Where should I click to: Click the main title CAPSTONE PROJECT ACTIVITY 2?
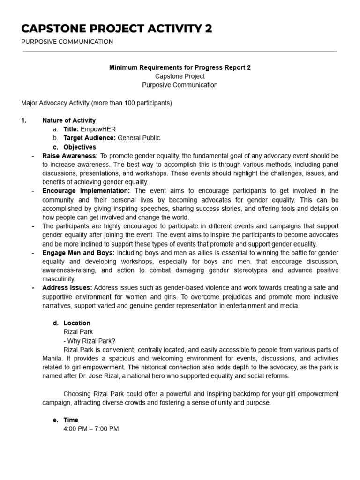[116, 29]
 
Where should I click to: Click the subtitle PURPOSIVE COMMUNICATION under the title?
[67, 42]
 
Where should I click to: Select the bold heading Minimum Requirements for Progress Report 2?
[180, 67]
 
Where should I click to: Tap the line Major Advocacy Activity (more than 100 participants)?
[97, 103]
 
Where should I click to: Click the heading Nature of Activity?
[69, 120]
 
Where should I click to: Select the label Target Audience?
[89, 138]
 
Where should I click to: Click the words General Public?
[138, 138]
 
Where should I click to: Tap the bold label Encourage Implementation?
[86, 191]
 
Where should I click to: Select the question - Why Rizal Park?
[86, 341]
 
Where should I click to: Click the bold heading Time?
[71, 420]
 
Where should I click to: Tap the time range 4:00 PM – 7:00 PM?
[91, 429]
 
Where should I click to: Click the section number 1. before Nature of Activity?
[24, 120]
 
